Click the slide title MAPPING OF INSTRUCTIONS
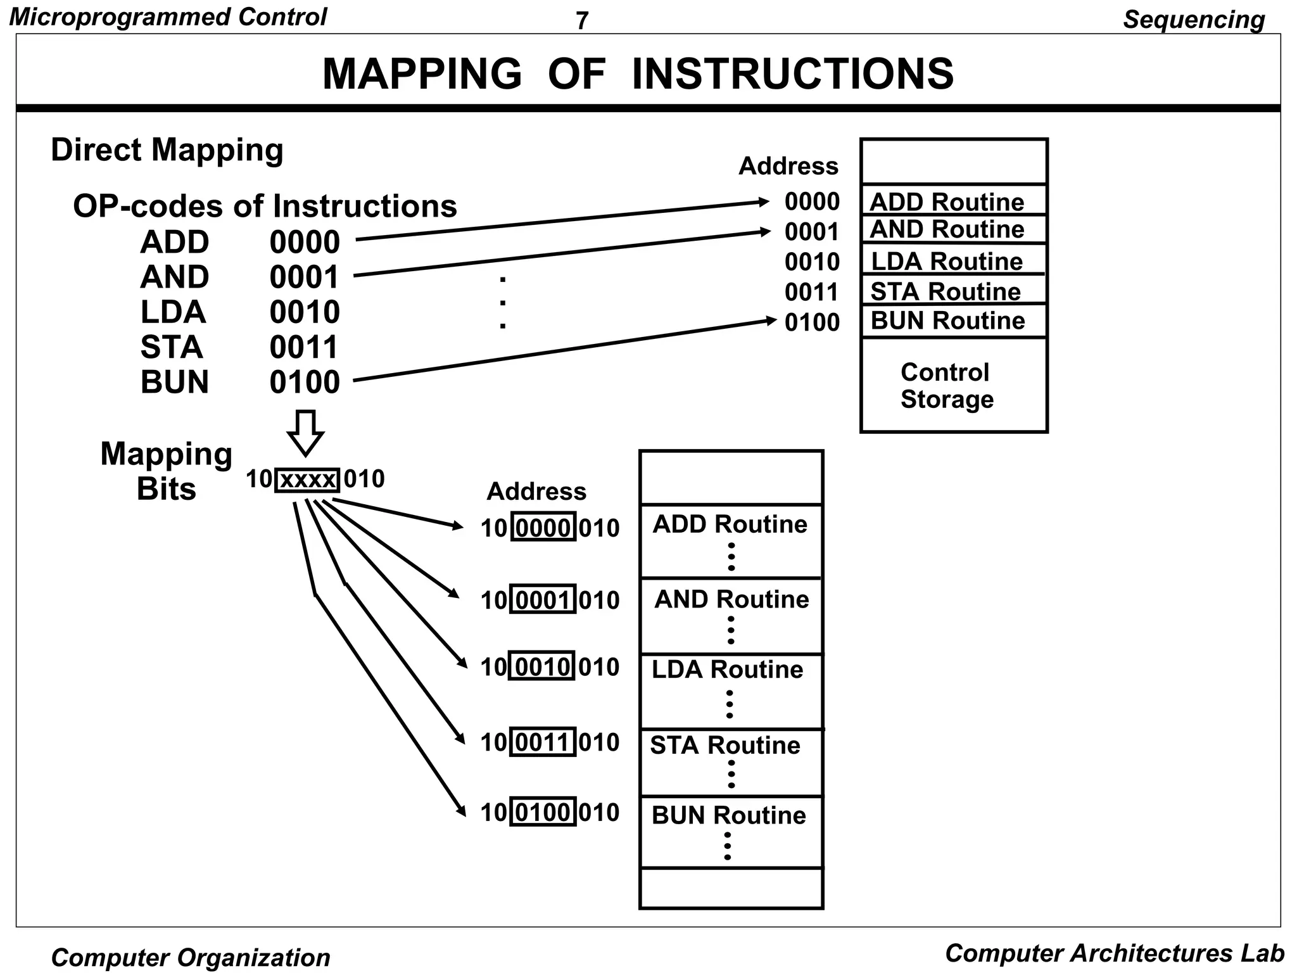point(638,73)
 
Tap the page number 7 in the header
point(581,21)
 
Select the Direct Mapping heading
point(167,150)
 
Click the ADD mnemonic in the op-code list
point(174,242)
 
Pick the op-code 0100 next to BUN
point(305,382)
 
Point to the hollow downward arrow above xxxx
point(306,433)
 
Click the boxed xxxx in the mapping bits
point(308,480)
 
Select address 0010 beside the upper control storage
point(811,262)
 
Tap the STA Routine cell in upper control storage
point(946,291)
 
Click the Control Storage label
point(946,386)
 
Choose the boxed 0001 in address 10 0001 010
point(543,599)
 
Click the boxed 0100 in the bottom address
point(543,812)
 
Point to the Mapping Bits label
point(167,471)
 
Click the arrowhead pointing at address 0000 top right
point(764,203)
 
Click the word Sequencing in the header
point(1193,20)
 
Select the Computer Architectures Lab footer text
point(1114,953)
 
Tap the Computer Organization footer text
point(191,957)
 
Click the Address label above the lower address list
point(536,492)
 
